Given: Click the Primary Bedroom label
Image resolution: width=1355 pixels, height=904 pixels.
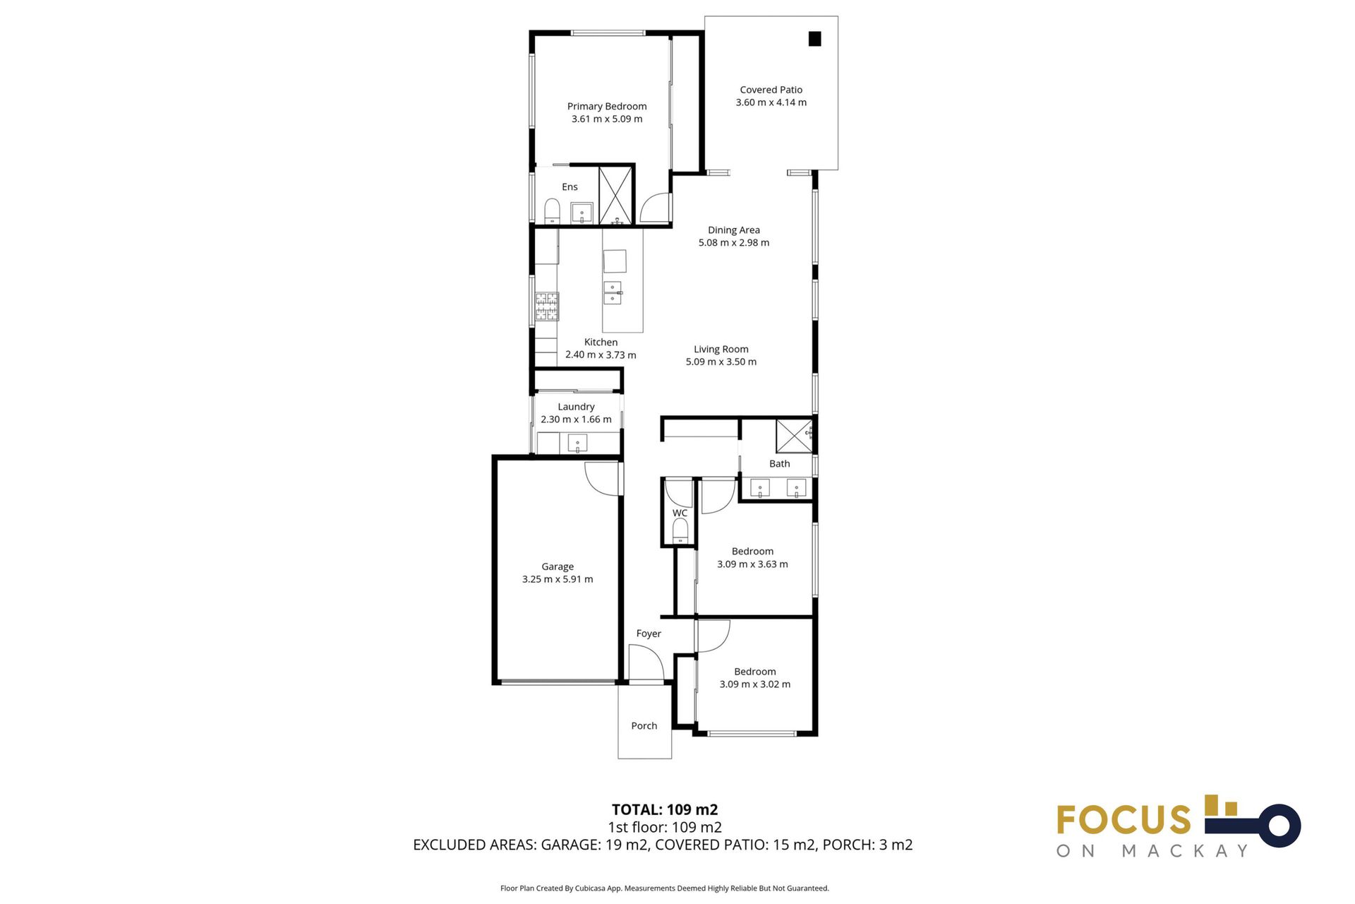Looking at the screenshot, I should click(x=606, y=107).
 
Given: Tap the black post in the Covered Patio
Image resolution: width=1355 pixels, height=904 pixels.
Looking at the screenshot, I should click(x=814, y=40).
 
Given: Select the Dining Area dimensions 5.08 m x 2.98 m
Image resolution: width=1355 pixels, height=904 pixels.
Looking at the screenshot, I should click(x=733, y=243).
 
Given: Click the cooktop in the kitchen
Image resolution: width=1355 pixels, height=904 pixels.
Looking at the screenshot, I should click(x=547, y=307).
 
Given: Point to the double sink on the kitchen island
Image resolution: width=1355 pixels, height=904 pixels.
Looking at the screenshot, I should click(x=613, y=292).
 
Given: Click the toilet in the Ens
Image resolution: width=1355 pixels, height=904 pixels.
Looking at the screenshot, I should click(x=552, y=210).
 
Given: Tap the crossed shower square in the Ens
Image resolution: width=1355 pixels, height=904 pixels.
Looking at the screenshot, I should click(x=616, y=195).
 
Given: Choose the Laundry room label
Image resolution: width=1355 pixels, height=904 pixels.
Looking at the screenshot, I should click(x=576, y=407).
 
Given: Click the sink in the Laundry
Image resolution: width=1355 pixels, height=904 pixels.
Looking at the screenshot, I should click(x=577, y=444).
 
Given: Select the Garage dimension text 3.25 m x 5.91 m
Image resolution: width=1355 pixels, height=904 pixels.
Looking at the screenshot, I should click(x=557, y=579).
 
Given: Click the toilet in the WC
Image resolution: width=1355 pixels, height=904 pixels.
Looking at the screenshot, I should click(x=680, y=530).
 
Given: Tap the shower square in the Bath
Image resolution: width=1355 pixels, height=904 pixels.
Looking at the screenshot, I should click(x=794, y=436).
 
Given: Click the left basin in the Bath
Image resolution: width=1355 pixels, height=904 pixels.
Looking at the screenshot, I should click(x=759, y=488).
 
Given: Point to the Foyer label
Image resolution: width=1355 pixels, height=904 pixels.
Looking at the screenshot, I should click(x=649, y=634).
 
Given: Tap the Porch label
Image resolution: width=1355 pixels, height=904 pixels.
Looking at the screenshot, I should click(x=644, y=726).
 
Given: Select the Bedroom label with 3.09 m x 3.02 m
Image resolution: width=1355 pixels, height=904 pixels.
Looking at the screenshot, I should click(x=754, y=672).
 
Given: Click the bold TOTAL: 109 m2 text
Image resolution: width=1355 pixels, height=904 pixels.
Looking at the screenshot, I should click(x=664, y=810).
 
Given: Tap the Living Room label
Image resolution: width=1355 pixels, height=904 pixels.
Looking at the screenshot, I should click(x=721, y=350).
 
